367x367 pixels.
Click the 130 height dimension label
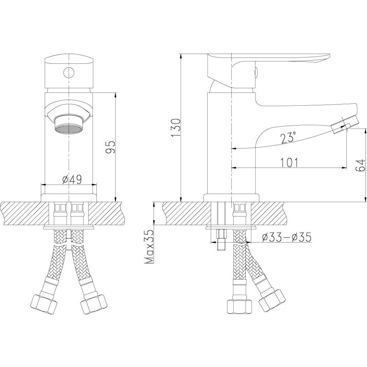point(177,128)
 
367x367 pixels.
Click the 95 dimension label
point(110,147)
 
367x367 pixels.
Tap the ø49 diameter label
point(72,180)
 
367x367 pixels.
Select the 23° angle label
point(288,137)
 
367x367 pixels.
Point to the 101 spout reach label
point(289,163)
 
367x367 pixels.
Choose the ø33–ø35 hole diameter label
point(287,237)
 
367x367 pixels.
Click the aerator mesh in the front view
point(68,129)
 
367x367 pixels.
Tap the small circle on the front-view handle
point(69,73)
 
